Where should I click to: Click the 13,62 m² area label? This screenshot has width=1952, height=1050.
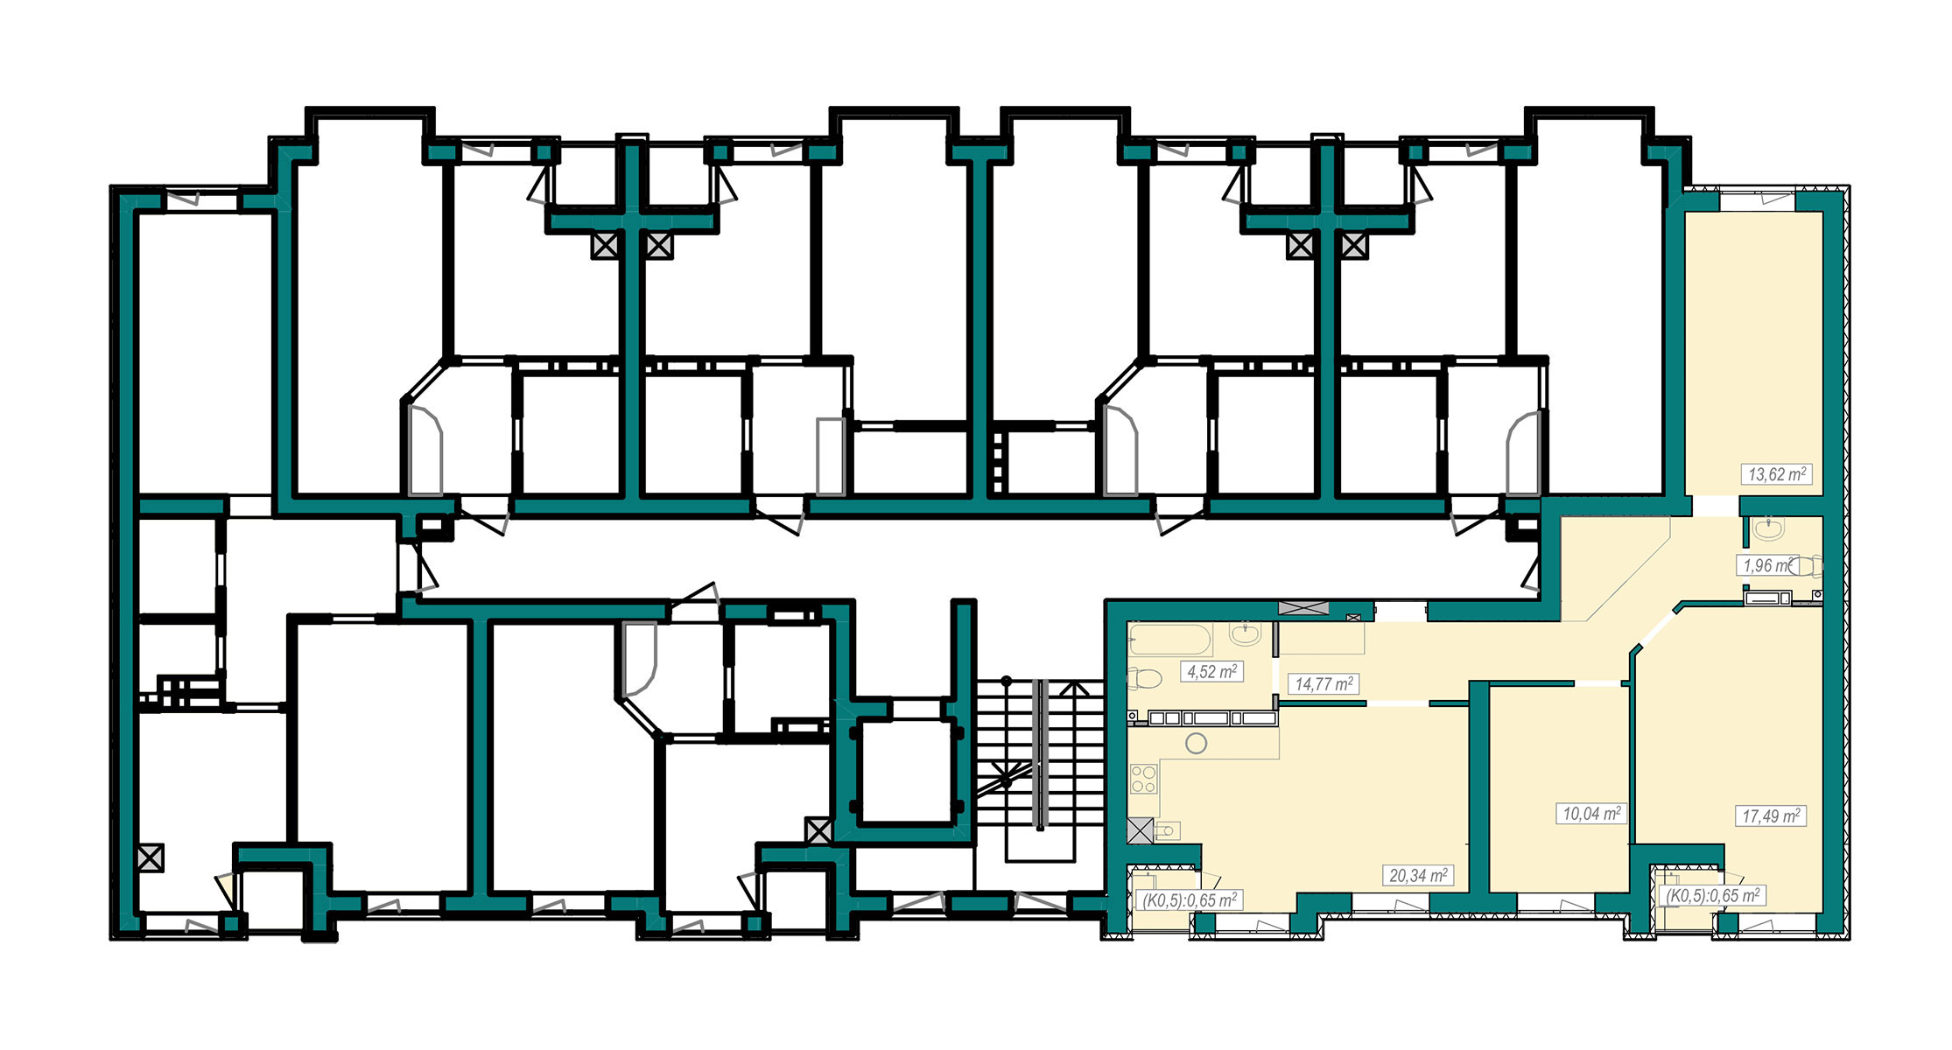[1776, 474]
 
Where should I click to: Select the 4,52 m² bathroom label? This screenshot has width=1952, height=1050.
[1211, 672]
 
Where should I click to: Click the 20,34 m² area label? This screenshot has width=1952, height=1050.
[1418, 875]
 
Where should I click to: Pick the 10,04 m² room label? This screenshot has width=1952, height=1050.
[1591, 814]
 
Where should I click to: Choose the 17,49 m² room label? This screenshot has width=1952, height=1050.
[1771, 816]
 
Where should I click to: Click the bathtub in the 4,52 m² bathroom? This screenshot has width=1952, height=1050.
[1170, 640]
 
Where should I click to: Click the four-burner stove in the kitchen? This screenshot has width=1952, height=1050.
[1143, 779]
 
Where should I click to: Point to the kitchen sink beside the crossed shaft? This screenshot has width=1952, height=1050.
[1168, 829]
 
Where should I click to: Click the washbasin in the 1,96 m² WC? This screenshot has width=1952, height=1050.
[1769, 528]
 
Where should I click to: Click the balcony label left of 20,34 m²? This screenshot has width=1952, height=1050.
[1189, 900]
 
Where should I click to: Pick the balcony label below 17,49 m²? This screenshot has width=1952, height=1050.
[1712, 896]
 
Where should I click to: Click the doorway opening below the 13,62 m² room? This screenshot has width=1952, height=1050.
[1715, 506]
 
